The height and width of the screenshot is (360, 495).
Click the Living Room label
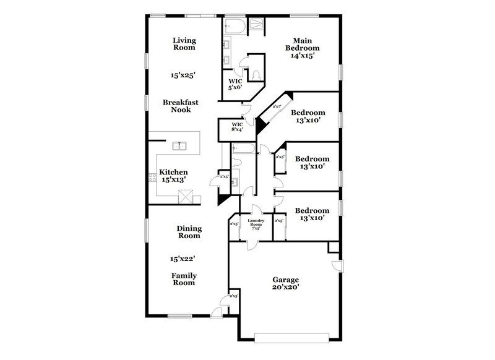click(x=184, y=43)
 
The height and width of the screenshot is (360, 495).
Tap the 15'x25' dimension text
click(x=183, y=75)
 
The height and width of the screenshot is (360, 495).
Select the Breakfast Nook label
click(x=177, y=105)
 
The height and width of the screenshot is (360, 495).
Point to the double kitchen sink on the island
click(x=180, y=146)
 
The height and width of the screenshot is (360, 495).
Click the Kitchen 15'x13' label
click(x=174, y=176)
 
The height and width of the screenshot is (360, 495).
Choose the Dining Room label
click(x=189, y=232)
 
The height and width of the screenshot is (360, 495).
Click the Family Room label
click(x=183, y=278)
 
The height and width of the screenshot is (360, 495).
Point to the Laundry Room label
click(x=256, y=224)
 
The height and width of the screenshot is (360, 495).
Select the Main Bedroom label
click(x=301, y=47)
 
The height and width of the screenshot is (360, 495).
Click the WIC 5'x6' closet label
click(x=235, y=84)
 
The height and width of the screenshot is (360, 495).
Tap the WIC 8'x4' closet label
click(x=237, y=127)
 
